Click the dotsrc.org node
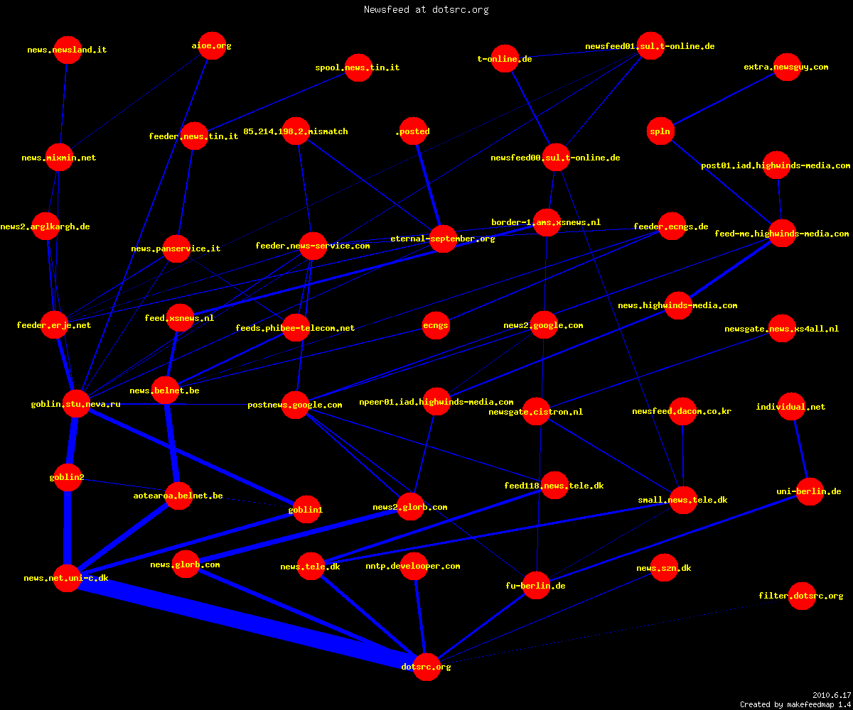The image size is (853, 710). (426, 667)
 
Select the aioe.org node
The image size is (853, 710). (212, 45)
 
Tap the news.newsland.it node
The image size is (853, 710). (68, 50)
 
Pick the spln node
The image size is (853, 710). (660, 131)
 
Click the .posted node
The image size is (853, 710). (414, 131)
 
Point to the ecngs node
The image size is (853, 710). (436, 325)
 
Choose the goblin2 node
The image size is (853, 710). (68, 477)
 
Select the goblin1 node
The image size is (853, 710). (306, 509)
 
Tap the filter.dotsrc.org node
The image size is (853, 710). (802, 596)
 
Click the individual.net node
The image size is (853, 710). (791, 406)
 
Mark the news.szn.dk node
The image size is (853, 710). (664, 567)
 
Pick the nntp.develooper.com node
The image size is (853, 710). (414, 566)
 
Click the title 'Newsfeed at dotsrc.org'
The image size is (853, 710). (426, 9)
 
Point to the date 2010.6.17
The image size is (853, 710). (832, 695)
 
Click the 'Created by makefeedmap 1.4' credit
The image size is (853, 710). (795, 704)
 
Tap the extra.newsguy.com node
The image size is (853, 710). (787, 67)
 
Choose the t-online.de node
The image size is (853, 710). (505, 58)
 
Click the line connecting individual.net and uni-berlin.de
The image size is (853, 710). (800, 449)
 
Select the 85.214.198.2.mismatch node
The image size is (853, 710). (296, 131)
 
